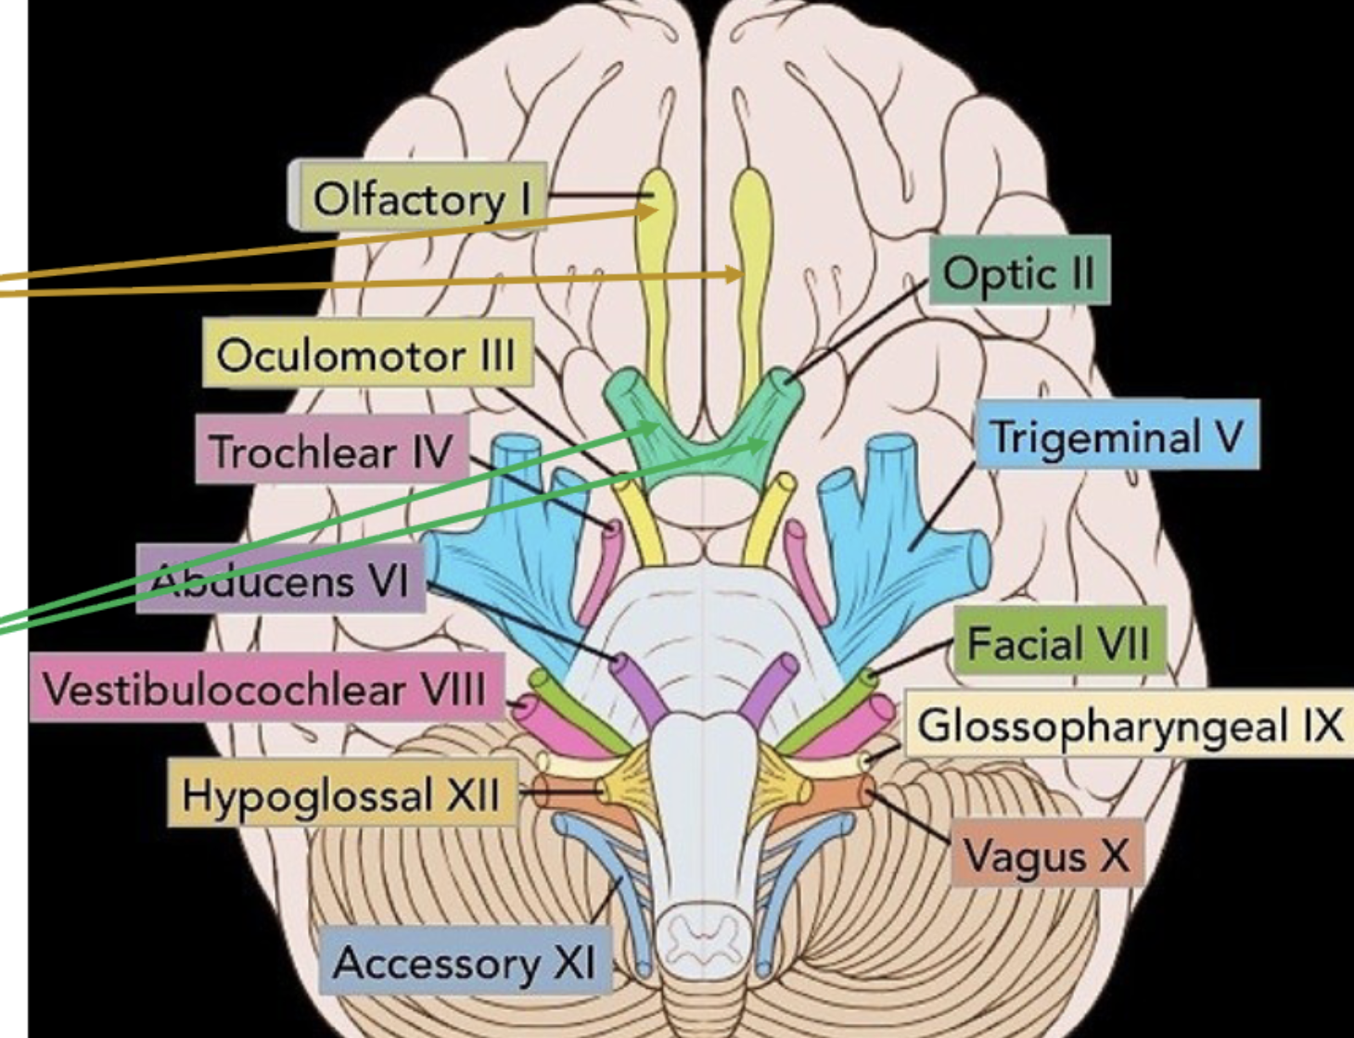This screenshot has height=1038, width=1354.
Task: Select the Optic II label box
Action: point(1018,272)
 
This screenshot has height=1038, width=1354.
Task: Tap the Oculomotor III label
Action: point(366,355)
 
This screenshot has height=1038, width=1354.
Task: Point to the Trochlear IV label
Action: point(331,451)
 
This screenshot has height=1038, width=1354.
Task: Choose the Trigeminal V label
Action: point(1117,436)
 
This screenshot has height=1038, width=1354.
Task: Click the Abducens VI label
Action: point(280,580)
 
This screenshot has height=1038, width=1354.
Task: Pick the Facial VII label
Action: point(1057,642)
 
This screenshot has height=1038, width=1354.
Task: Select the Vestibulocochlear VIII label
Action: point(265,689)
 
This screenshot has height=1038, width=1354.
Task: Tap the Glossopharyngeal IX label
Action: point(1130,725)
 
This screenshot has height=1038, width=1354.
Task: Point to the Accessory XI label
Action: point(464,962)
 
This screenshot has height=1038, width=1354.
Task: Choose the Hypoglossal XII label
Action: point(341,794)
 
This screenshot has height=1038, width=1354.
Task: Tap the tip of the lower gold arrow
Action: point(742,273)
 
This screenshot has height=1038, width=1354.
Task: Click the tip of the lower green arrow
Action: point(768,443)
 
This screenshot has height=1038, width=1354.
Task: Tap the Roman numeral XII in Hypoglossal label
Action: point(473,794)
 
